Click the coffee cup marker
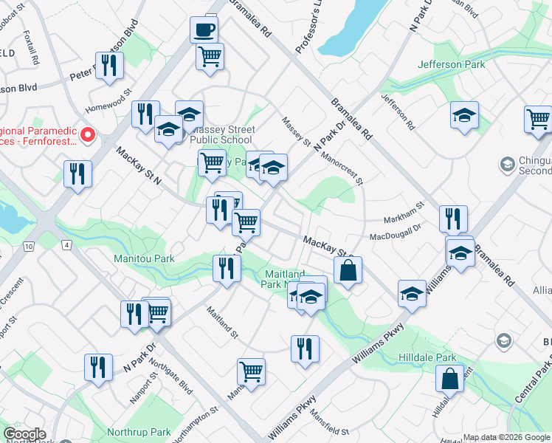tap(204, 30)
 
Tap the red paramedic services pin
tap(87, 134)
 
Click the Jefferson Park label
tap(451, 64)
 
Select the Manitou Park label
tap(144, 258)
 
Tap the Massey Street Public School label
tap(221, 134)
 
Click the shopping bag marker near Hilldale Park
tap(449, 379)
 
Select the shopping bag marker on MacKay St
tap(348, 270)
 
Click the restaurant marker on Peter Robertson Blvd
tap(109, 66)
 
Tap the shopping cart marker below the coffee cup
tap(210, 56)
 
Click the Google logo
tap(25, 434)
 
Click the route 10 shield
tap(29, 244)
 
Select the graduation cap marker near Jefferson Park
tap(464, 117)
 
